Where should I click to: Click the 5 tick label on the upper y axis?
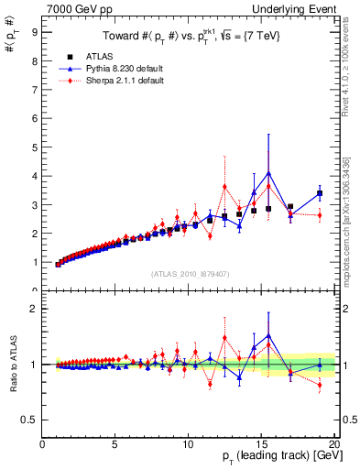point(35,147)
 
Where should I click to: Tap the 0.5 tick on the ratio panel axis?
point(29,420)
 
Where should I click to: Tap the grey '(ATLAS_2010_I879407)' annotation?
point(190,273)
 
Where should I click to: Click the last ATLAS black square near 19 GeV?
point(320,193)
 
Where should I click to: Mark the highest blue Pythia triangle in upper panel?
point(268,172)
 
